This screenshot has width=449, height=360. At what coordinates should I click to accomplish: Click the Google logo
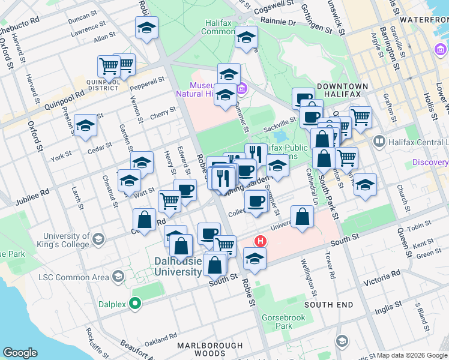(20, 353)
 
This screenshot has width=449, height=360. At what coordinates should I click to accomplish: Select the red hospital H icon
(261, 242)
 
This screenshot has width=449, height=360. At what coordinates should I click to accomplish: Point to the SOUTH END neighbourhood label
(328, 305)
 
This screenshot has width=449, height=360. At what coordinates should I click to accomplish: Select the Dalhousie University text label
(178, 266)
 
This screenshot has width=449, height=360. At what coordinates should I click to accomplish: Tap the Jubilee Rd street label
(37, 193)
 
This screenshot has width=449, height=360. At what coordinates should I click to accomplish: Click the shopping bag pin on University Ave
(302, 217)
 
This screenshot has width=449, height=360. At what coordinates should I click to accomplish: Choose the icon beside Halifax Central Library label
(379, 142)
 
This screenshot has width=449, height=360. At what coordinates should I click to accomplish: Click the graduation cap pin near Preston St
(86, 125)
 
